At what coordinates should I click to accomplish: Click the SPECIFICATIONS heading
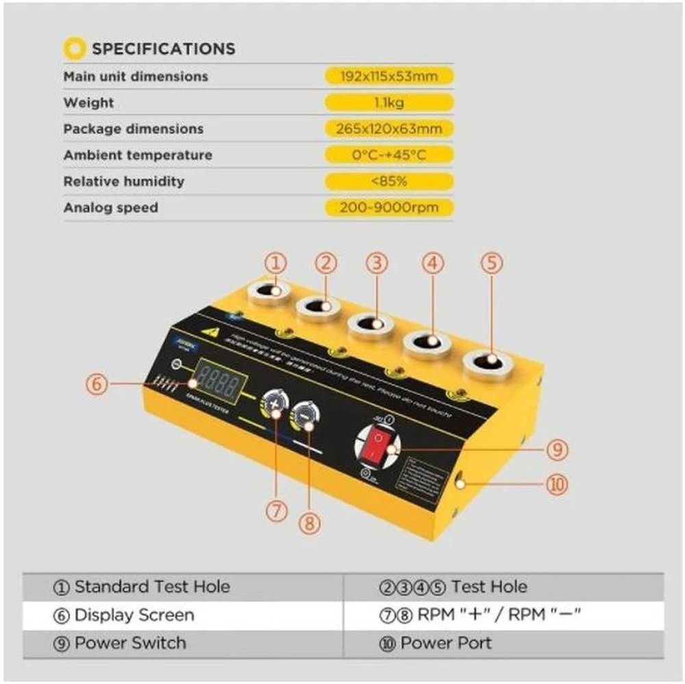pos(163,49)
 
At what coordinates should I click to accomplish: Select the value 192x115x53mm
pos(388,76)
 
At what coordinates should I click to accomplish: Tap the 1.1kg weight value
pos(388,103)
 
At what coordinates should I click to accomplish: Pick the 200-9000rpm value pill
pos(388,207)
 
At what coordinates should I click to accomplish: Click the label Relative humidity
pos(124,181)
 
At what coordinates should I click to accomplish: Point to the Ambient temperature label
pos(138,155)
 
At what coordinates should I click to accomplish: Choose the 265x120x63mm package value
pos(388,129)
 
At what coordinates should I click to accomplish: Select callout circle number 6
pos(97,384)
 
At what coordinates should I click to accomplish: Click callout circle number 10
pos(557,485)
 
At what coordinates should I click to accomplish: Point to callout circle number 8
pos(310,524)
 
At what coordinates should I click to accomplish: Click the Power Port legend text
pos(445,644)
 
